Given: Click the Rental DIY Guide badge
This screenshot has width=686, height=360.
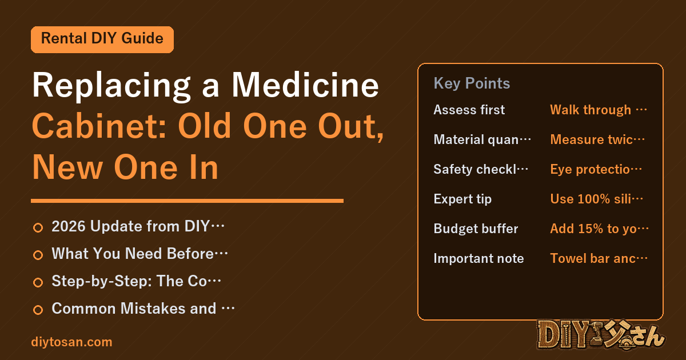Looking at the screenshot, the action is coord(102,39).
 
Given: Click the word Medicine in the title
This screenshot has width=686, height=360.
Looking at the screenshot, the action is coord(305,85).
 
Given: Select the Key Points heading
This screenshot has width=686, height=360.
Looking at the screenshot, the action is coord(472,83).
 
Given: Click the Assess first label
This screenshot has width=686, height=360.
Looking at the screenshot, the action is coord(469,110).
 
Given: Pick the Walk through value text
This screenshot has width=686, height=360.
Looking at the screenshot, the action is coord(599,110).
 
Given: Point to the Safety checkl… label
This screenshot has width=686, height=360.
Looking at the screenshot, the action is coord(481,169).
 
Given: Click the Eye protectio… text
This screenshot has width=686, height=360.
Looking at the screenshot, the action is coord(596,169).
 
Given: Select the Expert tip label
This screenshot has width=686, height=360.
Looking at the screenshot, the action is coord(462,199).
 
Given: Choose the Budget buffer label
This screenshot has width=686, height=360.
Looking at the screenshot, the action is coord(476,229).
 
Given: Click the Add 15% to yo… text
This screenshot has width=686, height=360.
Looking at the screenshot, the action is coord(599,229).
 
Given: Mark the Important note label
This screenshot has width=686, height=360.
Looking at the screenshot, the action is coord(478,258).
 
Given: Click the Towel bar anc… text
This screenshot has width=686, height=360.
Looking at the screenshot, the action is coord(599,258).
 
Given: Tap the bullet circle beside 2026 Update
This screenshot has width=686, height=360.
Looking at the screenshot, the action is coord(38,227).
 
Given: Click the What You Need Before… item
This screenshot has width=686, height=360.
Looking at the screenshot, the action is coord(139,254).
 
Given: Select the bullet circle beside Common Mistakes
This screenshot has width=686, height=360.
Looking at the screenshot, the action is coord(38,310).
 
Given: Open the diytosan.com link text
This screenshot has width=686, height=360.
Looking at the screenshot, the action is coord(71,342).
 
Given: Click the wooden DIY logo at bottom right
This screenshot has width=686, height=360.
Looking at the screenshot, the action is coord(600,335).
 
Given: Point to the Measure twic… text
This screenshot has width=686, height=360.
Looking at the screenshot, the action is coord(597,139).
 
